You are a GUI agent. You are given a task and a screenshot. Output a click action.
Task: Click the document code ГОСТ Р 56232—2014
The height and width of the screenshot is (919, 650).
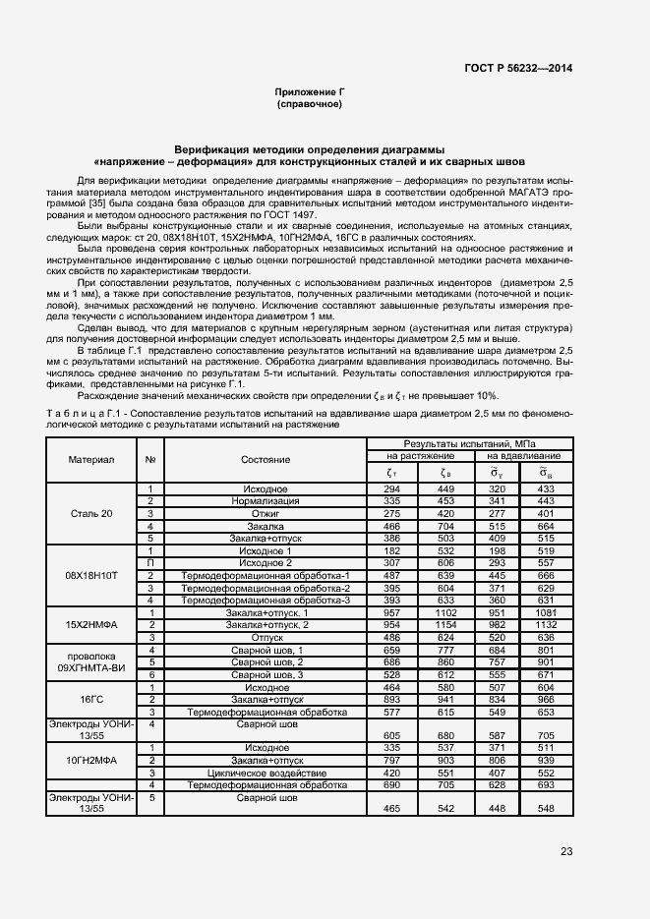pos(519,68)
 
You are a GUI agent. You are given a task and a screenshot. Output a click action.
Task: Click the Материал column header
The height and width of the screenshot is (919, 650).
pos(91,459)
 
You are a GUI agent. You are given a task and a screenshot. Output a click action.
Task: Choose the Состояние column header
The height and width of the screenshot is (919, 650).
pos(265,459)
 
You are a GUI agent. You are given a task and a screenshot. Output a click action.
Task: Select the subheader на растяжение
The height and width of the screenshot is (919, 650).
pos(419,456)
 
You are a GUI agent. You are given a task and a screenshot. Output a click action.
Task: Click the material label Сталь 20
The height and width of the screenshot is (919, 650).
pos(91,514)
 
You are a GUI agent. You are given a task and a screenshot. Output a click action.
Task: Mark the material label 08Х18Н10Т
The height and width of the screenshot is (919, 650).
pos(91,575)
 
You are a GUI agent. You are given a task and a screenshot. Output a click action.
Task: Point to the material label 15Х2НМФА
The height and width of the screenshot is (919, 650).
pos(91,625)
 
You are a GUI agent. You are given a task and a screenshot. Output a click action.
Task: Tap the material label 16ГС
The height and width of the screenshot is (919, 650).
pos(91,700)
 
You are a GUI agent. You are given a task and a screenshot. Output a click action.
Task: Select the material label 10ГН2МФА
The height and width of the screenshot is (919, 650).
pos(91,761)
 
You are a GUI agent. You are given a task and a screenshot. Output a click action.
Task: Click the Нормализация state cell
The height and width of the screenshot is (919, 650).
pos(265,501)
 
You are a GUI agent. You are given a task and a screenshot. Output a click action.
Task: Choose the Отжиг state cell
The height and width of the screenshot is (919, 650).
pos(265,514)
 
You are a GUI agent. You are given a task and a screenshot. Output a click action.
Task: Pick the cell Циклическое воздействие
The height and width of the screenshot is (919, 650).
pos(265,774)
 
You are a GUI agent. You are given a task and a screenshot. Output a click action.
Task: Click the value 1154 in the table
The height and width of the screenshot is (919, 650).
pos(447,625)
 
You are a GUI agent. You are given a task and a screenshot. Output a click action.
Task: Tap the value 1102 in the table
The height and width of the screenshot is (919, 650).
pos(447,613)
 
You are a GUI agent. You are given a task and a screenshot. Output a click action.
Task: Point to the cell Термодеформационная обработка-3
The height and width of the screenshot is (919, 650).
pos(265,600)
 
